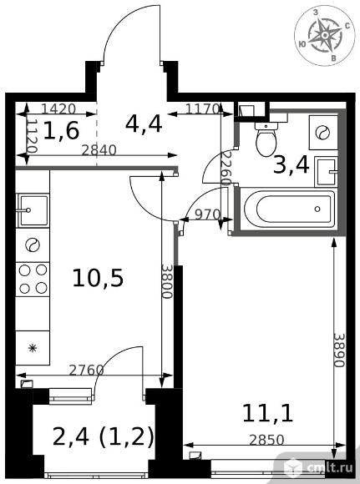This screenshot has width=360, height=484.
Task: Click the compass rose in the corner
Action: (x=326, y=35)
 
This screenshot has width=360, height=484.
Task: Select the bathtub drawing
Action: (x=289, y=209)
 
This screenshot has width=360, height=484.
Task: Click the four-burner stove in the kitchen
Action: (x=33, y=280)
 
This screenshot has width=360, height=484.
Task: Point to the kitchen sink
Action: (x=33, y=210)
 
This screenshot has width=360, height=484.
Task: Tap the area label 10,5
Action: (x=98, y=278)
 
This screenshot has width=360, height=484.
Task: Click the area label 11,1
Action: (x=267, y=413)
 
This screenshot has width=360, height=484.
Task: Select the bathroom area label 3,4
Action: (x=291, y=165)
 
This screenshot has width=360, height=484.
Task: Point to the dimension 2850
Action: (x=266, y=440)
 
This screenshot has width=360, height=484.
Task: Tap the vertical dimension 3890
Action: (x=339, y=350)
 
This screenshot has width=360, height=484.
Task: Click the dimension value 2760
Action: (x=86, y=370)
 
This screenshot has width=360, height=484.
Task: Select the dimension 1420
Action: (x=58, y=108)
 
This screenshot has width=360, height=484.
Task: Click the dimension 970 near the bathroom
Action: (x=208, y=214)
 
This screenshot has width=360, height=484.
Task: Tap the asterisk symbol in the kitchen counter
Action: (x=33, y=348)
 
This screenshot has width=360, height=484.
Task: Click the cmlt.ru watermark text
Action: (x=330, y=468)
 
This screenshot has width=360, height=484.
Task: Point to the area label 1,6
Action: (x=61, y=130)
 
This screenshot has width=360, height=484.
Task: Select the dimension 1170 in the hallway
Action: (x=203, y=108)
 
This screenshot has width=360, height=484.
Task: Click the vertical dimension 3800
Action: (x=167, y=281)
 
